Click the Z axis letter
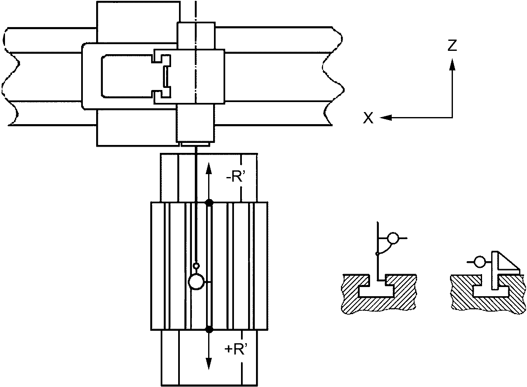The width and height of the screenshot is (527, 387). click(452, 45)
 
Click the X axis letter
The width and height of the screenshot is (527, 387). click(368, 118)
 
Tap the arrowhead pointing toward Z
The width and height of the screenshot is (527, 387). click(452, 65)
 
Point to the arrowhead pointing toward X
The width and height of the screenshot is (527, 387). click(385, 117)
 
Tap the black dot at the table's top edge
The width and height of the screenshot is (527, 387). click(209, 202)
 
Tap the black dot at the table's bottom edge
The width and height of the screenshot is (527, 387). click(209, 330)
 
